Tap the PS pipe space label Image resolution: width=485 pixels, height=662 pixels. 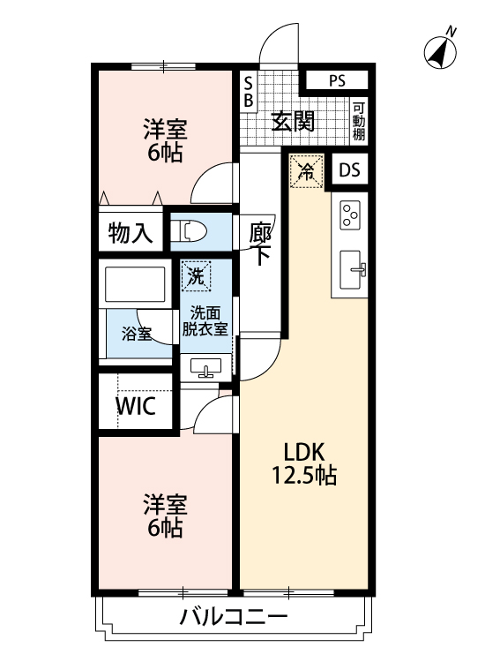point(337,80)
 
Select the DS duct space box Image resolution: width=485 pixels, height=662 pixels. point(349,169)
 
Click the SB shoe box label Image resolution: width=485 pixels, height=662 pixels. point(249,92)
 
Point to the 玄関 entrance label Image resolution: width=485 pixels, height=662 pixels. point(293,121)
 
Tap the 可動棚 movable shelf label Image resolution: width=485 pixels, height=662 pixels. point(359,121)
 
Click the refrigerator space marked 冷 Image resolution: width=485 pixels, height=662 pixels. point(306,171)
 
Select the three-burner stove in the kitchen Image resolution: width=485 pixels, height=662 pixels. point(350,214)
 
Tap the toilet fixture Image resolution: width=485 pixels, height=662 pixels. point(189,232)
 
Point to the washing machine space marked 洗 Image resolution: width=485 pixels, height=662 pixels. point(196,276)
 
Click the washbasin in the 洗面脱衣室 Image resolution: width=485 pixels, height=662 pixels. point(205,367)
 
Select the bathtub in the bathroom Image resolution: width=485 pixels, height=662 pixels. point(135,283)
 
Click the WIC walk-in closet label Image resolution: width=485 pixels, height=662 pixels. point(136,406)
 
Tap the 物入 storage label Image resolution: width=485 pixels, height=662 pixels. point(130,233)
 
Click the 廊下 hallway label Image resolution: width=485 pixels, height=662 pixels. point(260,244)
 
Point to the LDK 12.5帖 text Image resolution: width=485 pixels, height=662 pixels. point(303,463)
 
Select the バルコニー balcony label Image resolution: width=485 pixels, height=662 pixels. point(233,617)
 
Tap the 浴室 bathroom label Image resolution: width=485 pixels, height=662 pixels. point(137,334)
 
